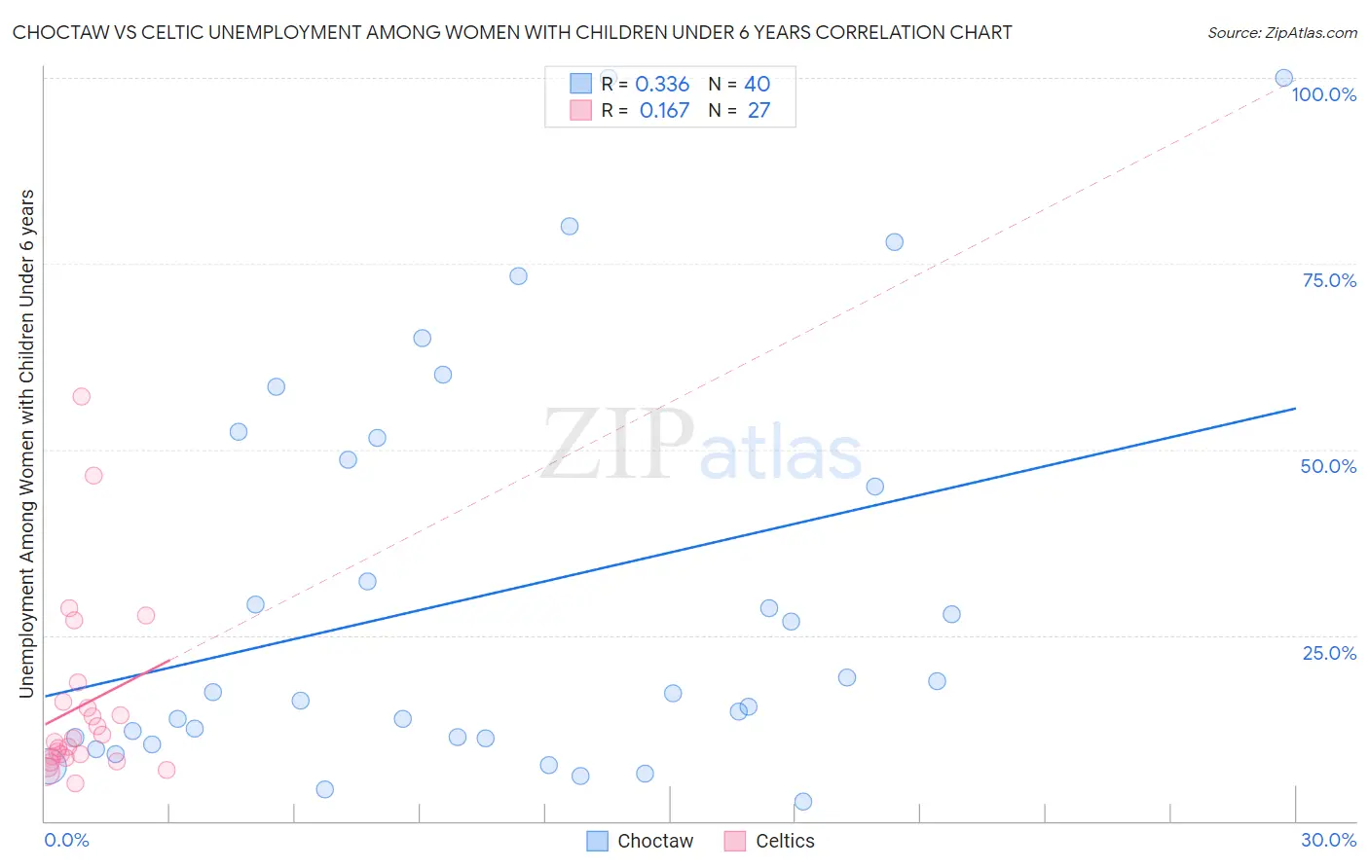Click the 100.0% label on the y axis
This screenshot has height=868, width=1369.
click(1323, 94)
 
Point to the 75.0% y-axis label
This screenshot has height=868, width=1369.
click(1329, 280)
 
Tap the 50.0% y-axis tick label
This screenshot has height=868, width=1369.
click(1328, 466)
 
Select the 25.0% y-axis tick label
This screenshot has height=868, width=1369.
click(1329, 653)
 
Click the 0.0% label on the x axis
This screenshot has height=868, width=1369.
click(66, 840)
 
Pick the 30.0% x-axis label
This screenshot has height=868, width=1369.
click(1328, 840)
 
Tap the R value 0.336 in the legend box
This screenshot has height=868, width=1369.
click(662, 85)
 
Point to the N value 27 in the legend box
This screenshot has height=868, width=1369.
click(758, 111)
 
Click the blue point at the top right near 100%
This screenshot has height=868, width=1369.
click(1284, 78)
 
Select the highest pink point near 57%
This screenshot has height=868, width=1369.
click(82, 396)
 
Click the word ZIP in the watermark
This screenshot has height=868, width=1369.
click(617, 446)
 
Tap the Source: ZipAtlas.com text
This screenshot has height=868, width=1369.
click(1281, 33)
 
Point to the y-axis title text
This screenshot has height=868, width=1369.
click(27, 443)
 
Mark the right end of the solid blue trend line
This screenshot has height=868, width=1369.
click(1295, 409)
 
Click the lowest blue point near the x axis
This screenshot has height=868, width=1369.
click(803, 802)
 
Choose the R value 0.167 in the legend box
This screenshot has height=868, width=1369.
click(664, 111)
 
